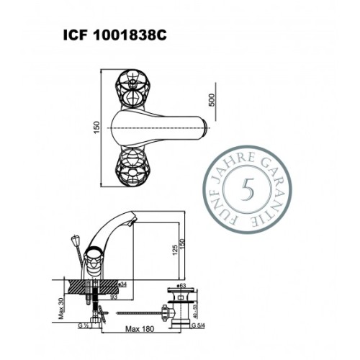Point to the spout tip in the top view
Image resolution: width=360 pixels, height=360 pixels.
(206, 127)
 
